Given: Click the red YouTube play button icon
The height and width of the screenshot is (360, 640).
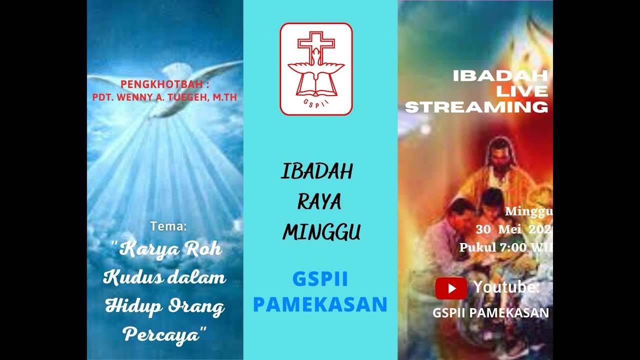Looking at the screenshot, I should coord(451,288).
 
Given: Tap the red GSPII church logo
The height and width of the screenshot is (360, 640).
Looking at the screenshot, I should coord(316,69).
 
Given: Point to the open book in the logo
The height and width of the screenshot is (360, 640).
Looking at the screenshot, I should coord(316,86).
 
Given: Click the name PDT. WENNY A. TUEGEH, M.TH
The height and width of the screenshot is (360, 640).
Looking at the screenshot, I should coord(164,97).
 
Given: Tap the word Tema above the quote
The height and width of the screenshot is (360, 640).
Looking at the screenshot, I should coord(168,226).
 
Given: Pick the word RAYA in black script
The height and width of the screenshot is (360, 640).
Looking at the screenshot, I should coord(319,202).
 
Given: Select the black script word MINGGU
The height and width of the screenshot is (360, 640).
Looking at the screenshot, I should coord(321,232).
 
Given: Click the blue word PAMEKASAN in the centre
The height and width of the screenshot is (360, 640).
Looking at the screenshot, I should coord(320,304).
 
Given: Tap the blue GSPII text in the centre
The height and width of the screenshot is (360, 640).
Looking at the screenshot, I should coord(320,279).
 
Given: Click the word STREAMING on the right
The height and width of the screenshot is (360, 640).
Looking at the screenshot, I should coord(476,107).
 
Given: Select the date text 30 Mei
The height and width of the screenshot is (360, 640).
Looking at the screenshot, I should coord(498,230).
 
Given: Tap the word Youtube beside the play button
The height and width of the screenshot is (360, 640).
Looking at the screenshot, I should coord(506,287).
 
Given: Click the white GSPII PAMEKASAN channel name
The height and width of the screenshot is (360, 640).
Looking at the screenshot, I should coord(490,313).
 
